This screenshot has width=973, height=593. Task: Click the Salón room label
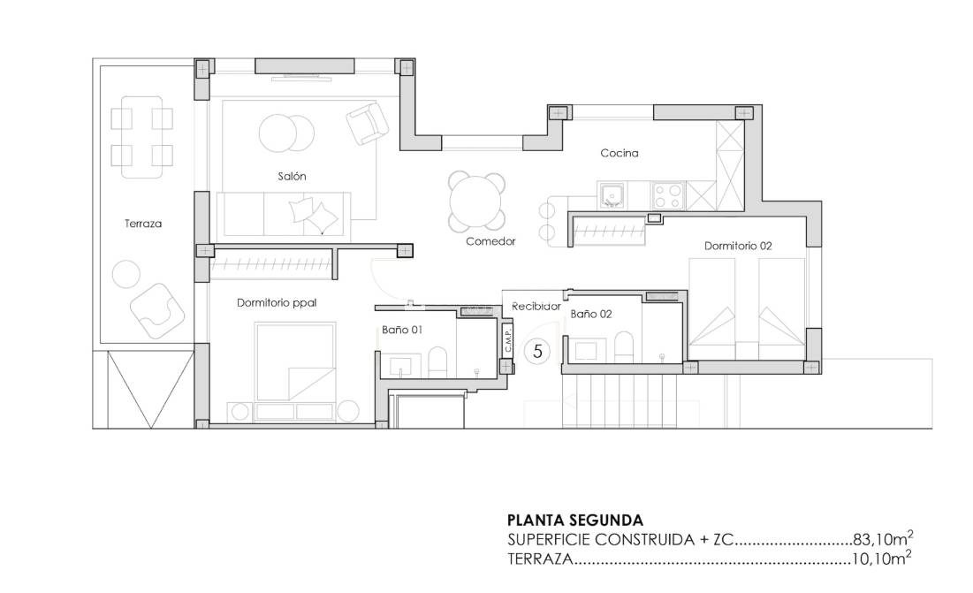(292, 177)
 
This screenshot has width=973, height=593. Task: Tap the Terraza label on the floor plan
(143, 224)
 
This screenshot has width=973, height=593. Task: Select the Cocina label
(619, 153)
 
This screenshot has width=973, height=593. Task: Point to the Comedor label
(490, 240)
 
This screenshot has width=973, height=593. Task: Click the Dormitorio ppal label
(277, 303)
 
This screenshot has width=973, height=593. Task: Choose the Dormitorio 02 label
(738, 246)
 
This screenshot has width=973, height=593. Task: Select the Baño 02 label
(591, 314)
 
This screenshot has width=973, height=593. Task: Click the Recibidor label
(536, 306)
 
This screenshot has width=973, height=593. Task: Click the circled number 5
(536, 351)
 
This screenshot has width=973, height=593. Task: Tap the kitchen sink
(612, 194)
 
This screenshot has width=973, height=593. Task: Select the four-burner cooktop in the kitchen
(667, 194)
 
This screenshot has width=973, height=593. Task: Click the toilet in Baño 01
(437, 361)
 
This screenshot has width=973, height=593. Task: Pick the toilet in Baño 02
(623, 346)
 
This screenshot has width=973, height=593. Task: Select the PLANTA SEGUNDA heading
(574, 521)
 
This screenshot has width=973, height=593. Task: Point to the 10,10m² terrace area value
(882, 559)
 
